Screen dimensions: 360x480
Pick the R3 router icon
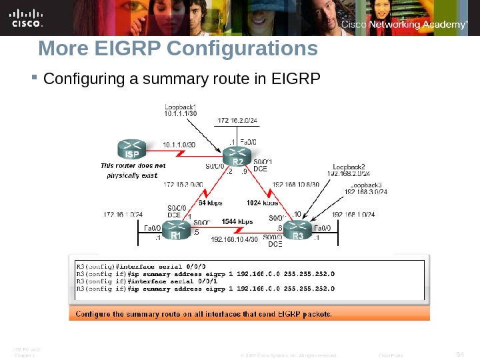click(298, 231)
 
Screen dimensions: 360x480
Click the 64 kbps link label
click(211, 202)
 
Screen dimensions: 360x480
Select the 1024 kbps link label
click(263, 202)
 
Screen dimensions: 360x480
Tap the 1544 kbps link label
click(237, 221)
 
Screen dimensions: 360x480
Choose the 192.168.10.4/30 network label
click(234, 239)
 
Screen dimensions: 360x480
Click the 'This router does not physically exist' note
click(129, 170)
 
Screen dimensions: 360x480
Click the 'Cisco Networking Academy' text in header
click(403, 25)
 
